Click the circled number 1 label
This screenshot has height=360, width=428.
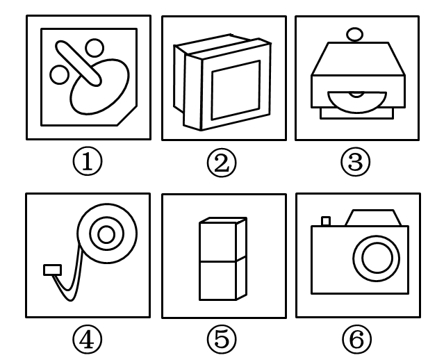coord(88,162)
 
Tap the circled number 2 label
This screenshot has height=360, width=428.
coord(222,163)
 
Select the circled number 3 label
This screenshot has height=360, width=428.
coord(356,162)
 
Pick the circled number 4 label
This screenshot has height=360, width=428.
coord(87,340)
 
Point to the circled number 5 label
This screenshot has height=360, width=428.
coord(222,340)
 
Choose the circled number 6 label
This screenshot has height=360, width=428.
coord(356,339)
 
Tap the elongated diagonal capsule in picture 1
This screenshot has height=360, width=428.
coord(79,63)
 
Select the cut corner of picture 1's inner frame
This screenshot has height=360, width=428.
coord(127,116)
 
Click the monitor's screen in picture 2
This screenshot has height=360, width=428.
coord(236,90)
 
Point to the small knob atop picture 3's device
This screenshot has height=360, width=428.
coord(354,35)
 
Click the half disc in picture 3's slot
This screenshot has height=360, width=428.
coord(356,101)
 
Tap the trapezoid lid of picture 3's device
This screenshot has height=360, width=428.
coord(358,58)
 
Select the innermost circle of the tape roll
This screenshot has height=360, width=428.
coord(106,234)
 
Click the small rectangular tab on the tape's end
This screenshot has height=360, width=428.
coord(52,270)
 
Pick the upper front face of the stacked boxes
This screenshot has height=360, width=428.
coord(217,242)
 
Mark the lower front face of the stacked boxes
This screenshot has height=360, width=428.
coord(217,281)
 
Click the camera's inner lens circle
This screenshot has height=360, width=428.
coord(377,258)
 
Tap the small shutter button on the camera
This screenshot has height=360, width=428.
coord(326,221)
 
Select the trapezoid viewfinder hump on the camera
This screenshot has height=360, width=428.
coord(373,218)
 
